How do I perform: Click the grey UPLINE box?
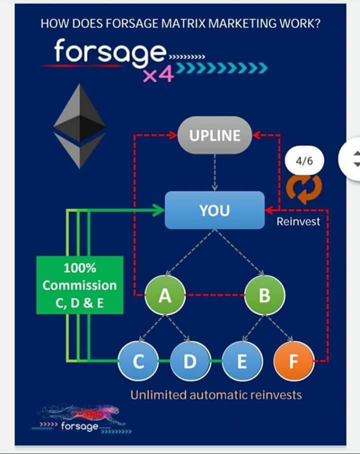(x=214, y=135)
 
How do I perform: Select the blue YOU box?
(x=214, y=210)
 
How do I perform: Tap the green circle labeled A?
(x=165, y=296)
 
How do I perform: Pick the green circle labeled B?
(x=264, y=296)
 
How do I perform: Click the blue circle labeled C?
(x=138, y=361)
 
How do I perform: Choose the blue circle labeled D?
(x=190, y=361)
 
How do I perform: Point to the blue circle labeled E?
(x=241, y=361)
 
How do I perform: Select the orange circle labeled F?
(x=293, y=361)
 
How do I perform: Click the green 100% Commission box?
(x=79, y=285)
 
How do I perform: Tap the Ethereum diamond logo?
(x=79, y=126)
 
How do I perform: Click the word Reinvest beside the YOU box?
(x=298, y=221)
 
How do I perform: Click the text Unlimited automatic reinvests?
(x=216, y=395)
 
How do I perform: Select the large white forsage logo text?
(x=110, y=51)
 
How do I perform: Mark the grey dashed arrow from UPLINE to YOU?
(x=214, y=172)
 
